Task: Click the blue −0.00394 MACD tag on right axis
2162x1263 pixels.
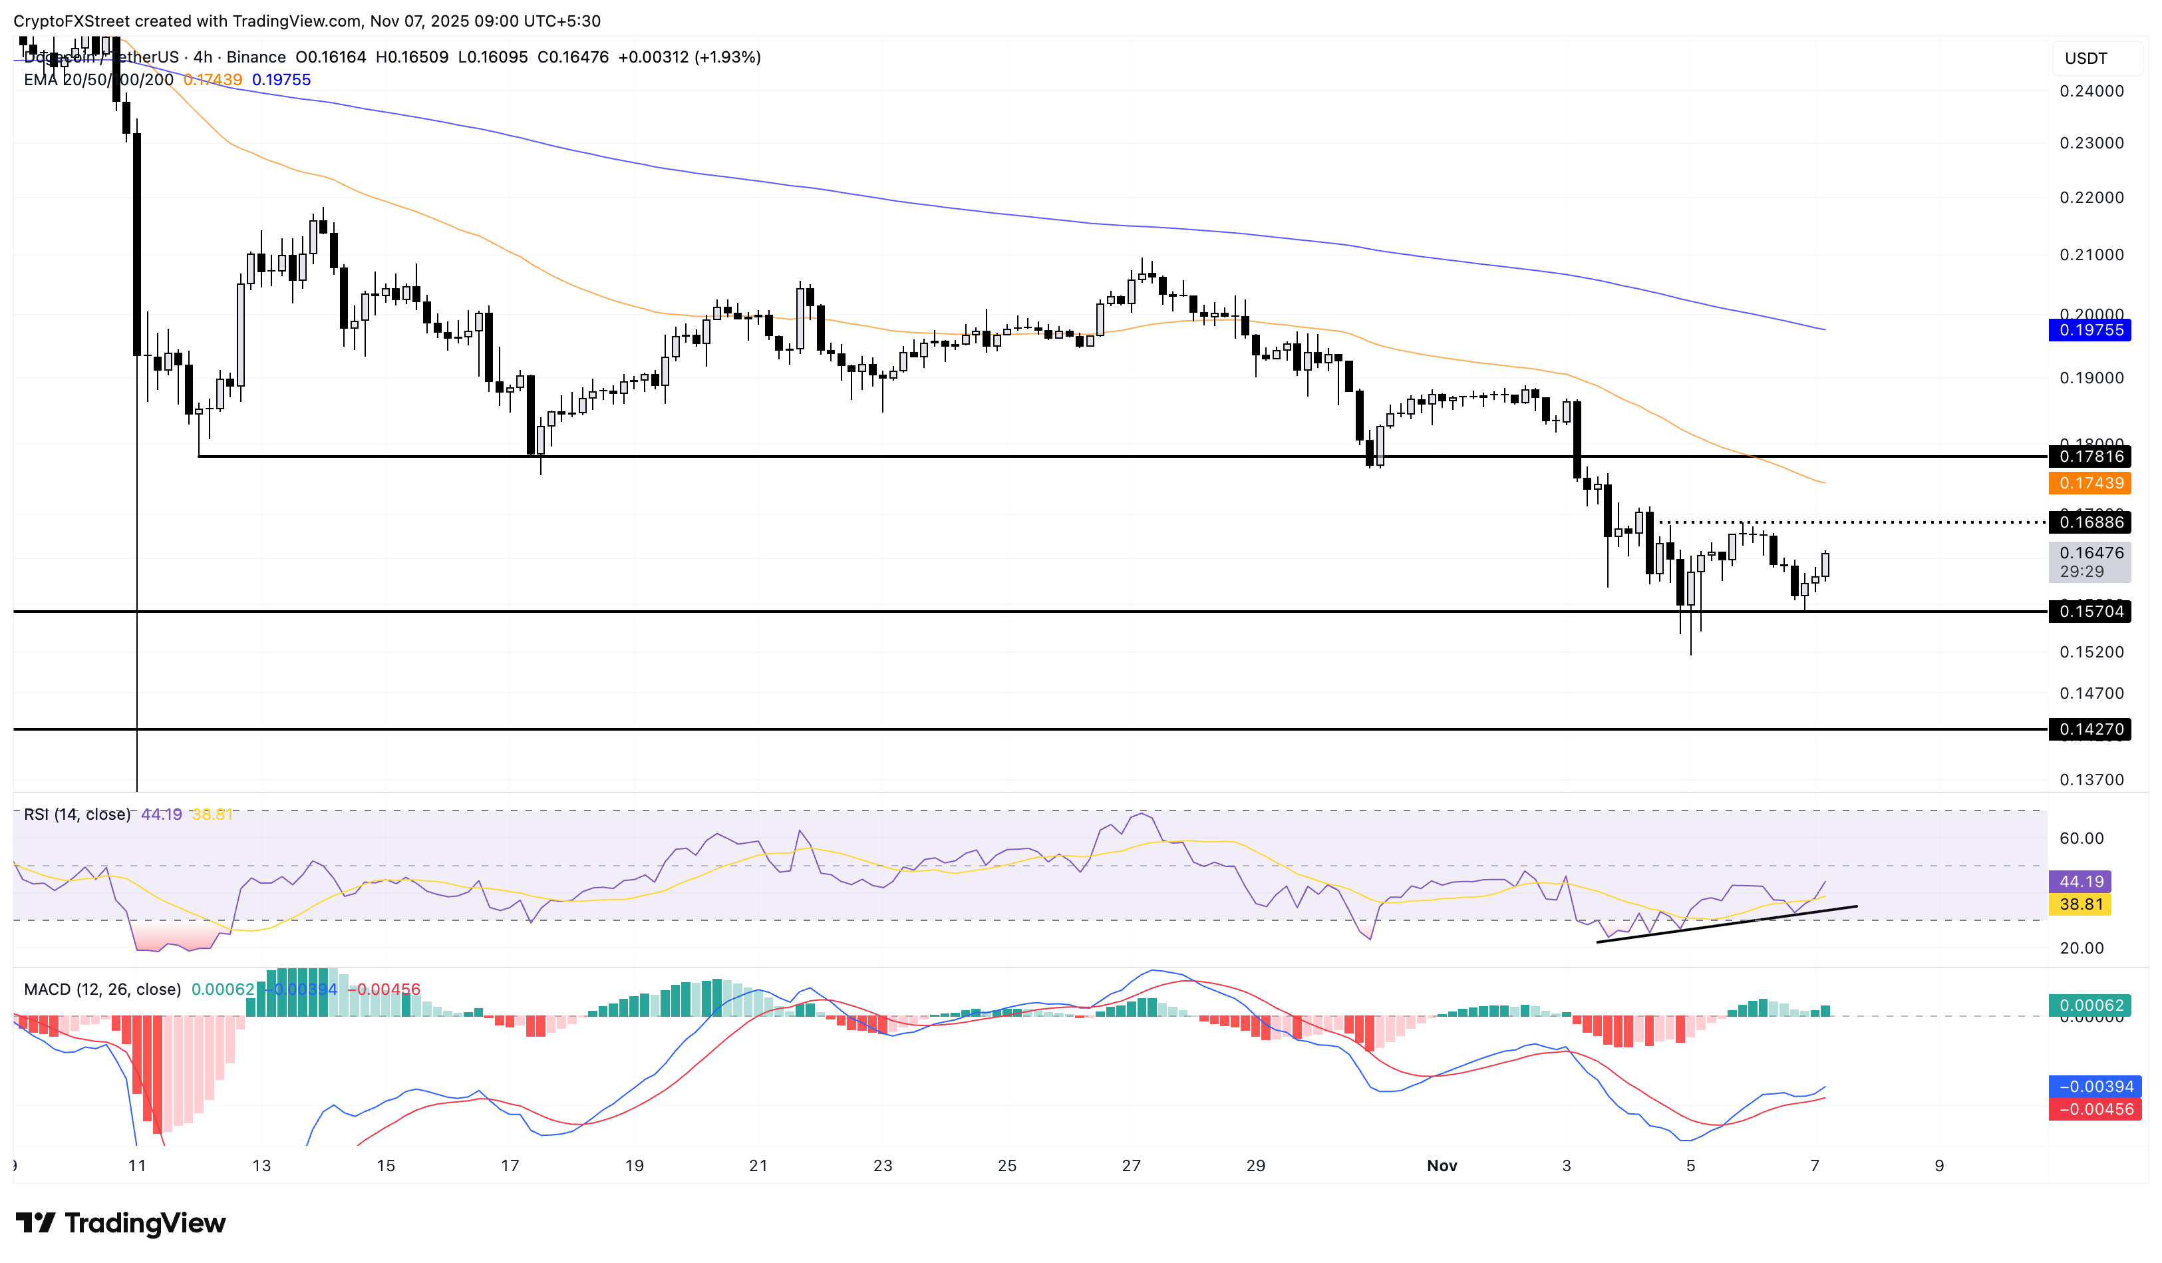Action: [x=2094, y=1086]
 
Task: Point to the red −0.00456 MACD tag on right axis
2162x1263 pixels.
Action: [x=2094, y=1109]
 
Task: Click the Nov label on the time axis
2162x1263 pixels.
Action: [x=1442, y=1165]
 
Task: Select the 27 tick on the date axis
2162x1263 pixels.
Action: [x=1131, y=1165]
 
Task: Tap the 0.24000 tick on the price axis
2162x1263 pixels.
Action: [x=2091, y=91]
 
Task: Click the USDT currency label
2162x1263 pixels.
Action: [x=2085, y=59]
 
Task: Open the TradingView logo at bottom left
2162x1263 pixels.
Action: [x=121, y=1222]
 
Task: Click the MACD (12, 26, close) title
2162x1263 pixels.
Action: [x=102, y=990]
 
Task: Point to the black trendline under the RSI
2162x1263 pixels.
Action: [x=1724, y=924]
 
